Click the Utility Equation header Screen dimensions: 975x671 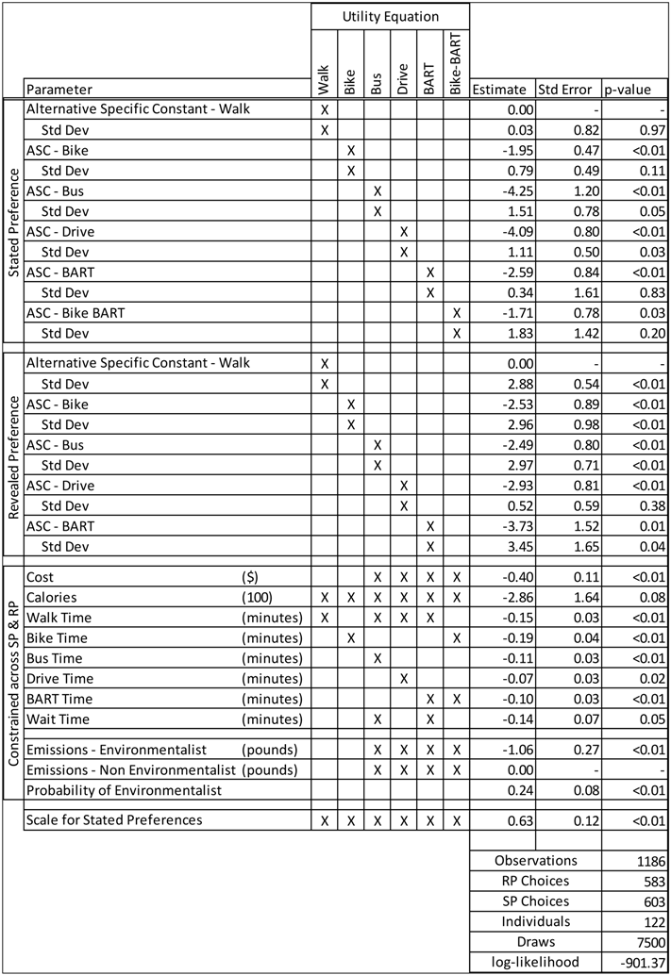390,16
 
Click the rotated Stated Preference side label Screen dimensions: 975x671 13,221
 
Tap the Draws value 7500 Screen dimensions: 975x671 646,942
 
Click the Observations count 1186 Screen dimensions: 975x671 646,860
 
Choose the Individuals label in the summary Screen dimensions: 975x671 534,921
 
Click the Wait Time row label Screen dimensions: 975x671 59,719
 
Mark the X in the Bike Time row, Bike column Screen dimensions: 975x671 350,638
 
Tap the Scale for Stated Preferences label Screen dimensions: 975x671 114,819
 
